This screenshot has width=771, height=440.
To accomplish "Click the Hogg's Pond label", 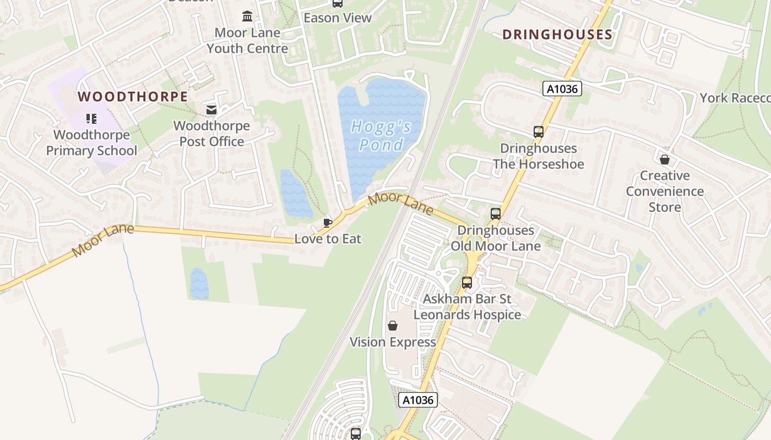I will (x=382, y=136).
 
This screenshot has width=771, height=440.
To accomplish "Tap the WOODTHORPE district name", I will (x=133, y=97).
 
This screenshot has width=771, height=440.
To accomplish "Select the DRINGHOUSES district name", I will (x=557, y=35).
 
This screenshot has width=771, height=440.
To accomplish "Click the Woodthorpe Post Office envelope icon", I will (x=211, y=111).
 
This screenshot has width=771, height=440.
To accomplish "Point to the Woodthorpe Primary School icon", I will (x=91, y=119).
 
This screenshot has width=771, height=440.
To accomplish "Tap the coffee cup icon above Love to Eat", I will (x=328, y=223).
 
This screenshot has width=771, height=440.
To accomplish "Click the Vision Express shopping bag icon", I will (x=393, y=326).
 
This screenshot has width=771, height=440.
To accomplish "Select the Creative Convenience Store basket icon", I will (x=665, y=159).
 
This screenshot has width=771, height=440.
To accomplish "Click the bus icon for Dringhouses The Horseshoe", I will (x=538, y=132).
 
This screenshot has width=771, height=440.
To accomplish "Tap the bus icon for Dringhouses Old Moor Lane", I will (x=496, y=214).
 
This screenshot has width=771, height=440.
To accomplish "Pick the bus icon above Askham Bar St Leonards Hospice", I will (x=467, y=283).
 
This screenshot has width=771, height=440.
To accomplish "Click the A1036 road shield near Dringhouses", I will (x=562, y=89).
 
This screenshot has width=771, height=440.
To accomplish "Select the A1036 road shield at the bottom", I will (x=418, y=400).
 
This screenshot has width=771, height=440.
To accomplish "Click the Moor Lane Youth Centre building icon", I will (x=247, y=16).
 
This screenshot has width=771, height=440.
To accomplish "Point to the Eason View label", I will (x=338, y=18).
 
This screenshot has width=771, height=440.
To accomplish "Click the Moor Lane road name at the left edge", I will (x=102, y=240).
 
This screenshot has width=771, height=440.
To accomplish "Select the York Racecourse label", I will (x=735, y=98).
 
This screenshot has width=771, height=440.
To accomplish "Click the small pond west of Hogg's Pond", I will (x=296, y=193).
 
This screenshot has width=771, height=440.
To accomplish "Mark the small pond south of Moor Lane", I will (x=199, y=283).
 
